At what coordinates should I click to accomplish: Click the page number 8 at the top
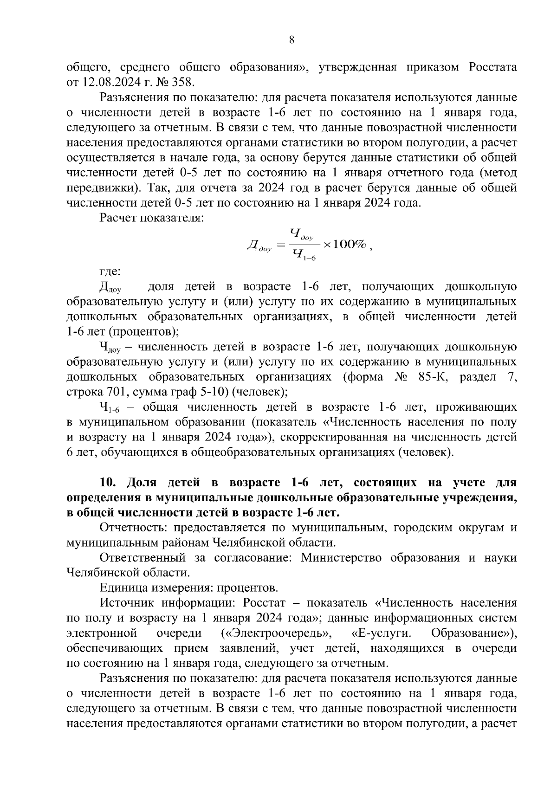[x=291, y=40]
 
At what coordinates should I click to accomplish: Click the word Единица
[x=121, y=588]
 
